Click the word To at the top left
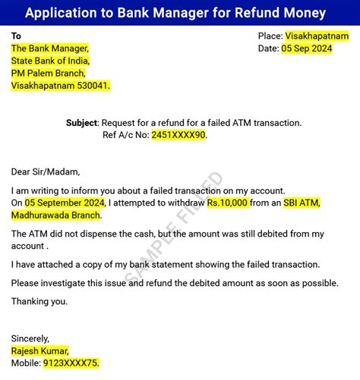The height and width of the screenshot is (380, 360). (x=17, y=36)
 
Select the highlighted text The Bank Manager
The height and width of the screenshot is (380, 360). (x=49, y=49)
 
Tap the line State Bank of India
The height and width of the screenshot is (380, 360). (x=50, y=61)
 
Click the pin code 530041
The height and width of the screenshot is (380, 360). (x=92, y=86)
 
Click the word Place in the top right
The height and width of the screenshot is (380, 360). (x=270, y=36)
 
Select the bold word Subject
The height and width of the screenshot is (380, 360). (x=82, y=122)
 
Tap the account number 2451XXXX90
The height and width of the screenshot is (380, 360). (x=178, y=134)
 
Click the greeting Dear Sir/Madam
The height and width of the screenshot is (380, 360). (x=46, y=171)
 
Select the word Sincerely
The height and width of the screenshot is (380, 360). (x=30, y=338)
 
